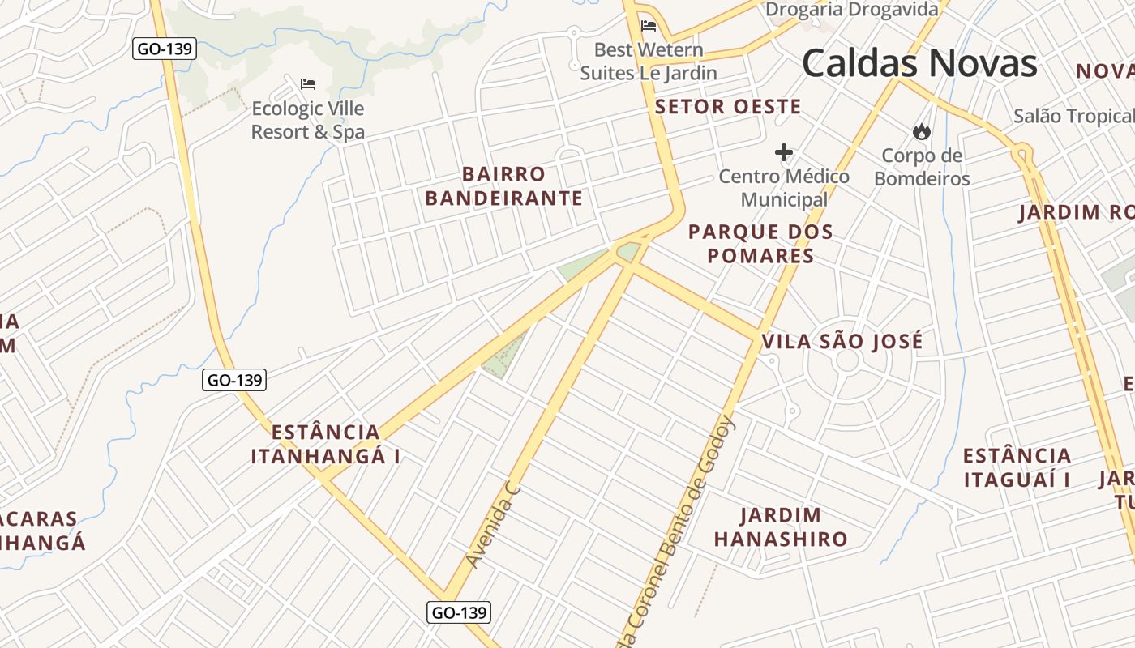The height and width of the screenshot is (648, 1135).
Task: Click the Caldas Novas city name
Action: pyautogui.click(x=919, y=63)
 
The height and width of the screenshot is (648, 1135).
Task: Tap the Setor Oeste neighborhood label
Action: pyautogui.click(x=728, y=107)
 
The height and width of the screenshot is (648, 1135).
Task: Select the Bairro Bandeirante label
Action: pyautogui.click(x=503, y=186)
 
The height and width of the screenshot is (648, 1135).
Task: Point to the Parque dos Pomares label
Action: pyautogui.click(x=760, y=244)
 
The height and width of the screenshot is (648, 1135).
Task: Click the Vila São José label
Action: pyautogui.click(x=842, y=342)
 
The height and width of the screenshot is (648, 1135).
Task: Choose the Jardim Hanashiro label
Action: pyautogui.click(x=781, y=526)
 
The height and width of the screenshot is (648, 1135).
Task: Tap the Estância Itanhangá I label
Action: pyautogui.click(x=325, y=444)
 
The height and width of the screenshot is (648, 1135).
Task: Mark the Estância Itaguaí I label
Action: pyautogui.click(x=1017, y=467)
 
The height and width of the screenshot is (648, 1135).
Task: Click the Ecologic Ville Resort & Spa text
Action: pyautogui.click(x=308, y=120)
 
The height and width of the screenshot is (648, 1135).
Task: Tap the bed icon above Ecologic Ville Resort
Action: pyautogui.click(x=308, y=83)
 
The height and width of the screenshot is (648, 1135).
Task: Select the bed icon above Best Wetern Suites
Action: pyautogui.click(x=649, y=25)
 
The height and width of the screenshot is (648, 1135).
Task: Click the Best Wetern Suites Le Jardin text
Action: pyautogui.click(x=649, y=62)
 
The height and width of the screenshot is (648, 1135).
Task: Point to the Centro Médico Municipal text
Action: pyautogui.click(x=784, y=188)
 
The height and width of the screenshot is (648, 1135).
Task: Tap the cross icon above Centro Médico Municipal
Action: pyautogui.click(x=784, y=151)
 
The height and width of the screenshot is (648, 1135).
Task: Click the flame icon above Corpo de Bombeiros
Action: pyautogui.click(x=921, y=131)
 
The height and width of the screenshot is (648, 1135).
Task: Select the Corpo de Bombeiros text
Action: pyautogui.click(x=922, y=167)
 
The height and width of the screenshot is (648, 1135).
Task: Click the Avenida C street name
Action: pyautogui.click(x=492, y=524)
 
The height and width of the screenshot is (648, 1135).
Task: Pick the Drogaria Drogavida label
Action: pyautogui.click(x=852, y=10)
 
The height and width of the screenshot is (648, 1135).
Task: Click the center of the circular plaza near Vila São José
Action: pyautogui.click(x=846, y=361)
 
